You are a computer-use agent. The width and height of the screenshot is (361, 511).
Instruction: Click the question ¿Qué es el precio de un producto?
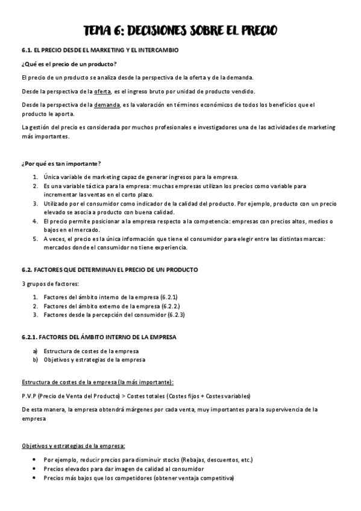click(69, 64)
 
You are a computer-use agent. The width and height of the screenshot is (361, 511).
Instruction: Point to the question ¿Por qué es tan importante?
click(61, 164)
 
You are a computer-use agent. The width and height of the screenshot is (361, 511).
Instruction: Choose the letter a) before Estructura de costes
click(36, 351)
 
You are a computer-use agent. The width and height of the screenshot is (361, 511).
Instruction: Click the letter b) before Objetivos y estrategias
click(36, 360)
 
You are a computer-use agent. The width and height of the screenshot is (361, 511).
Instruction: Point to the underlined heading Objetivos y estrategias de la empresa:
click(73, 446)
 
